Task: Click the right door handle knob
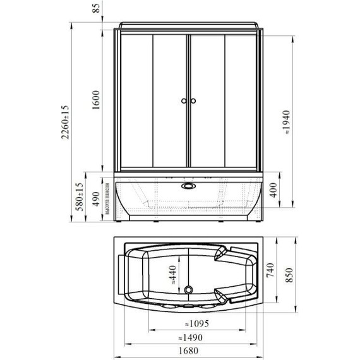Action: pos(194,101)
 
